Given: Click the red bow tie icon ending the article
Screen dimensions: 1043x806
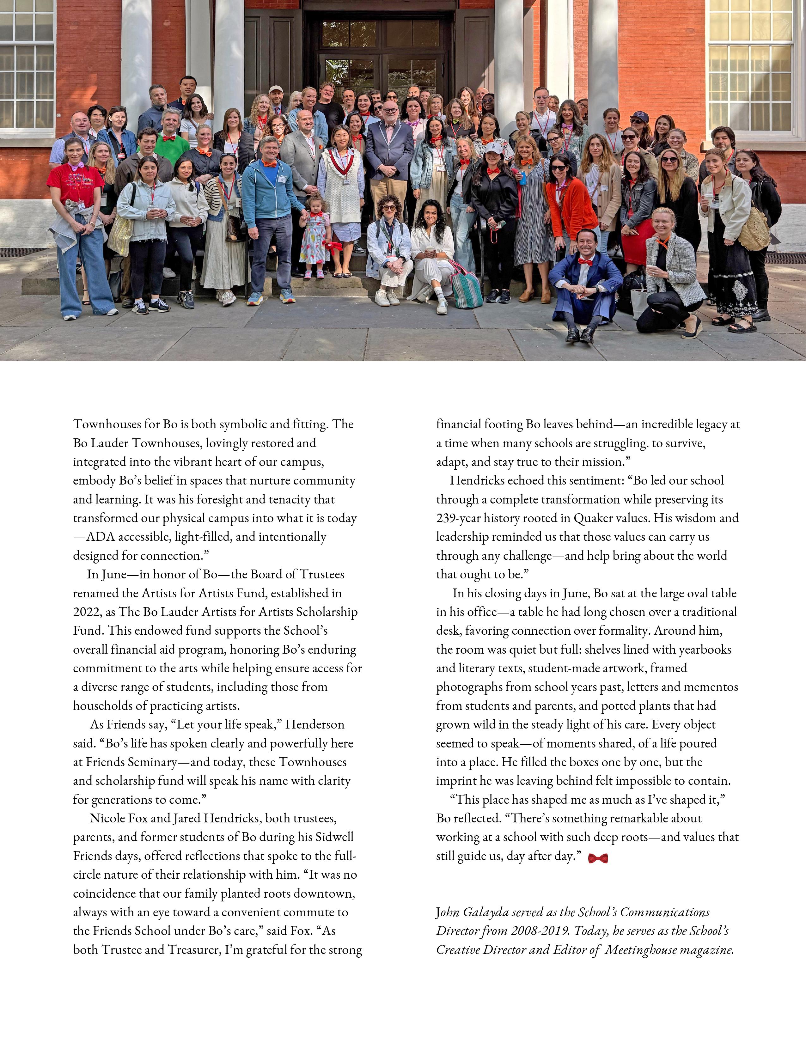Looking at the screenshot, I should pyautogui.click(x=598, y=858).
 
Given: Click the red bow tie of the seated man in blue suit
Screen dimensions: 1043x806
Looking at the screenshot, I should pyautogui.click(x=585, y=261).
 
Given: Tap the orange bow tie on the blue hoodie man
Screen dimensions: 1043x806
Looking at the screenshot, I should pyautogui.click(x=269, y=164).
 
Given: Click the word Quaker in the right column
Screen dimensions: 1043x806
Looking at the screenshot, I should pyautogui.click(x=593, y=518).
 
